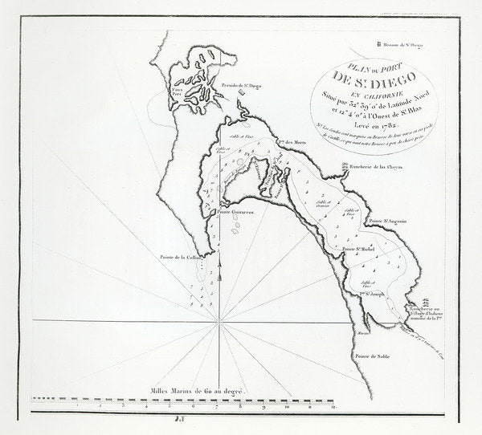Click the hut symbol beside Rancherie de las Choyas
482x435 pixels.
point(343,168)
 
